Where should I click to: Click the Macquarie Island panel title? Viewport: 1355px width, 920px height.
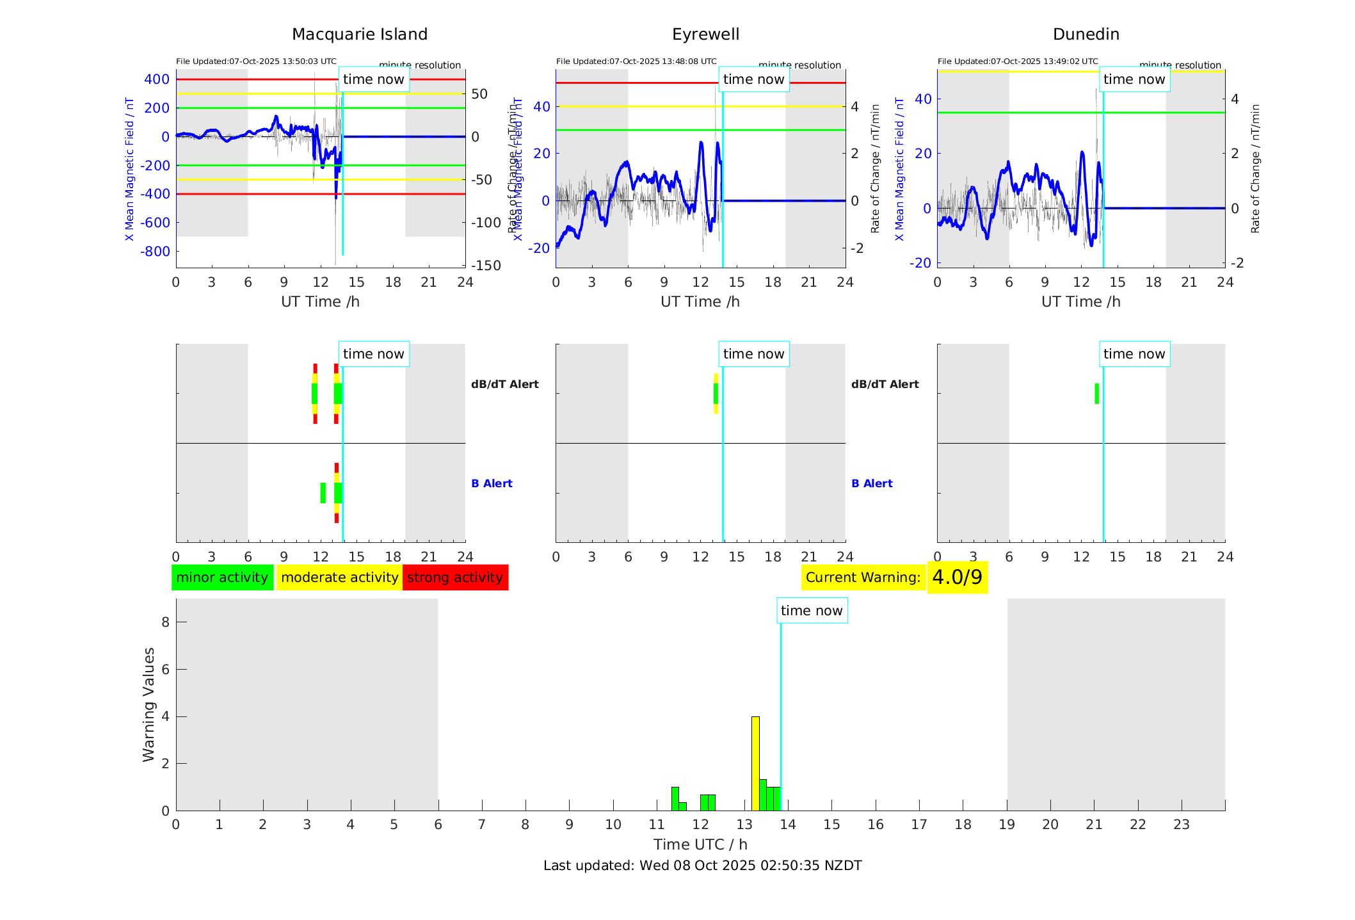[x=359, y=35]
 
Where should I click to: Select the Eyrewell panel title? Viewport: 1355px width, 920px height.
[x=705, y=35]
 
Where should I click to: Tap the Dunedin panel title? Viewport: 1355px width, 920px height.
[x=1086, y=35]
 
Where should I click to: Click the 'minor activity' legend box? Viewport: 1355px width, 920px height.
[x=222, y=577]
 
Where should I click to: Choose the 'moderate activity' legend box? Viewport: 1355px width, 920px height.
[x=339, y=577]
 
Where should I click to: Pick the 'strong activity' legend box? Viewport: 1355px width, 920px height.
[x=455, y=577]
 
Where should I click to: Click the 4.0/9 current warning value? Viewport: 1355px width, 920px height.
[x=957, y=577]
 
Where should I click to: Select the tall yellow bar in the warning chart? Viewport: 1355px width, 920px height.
[x=755, y=763]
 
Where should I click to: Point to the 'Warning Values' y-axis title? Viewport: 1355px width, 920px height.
[x=149, y=704]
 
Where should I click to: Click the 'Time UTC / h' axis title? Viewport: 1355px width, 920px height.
[x=700, y=844]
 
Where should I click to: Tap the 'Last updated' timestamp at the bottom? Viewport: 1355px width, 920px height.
[x=702, y=866]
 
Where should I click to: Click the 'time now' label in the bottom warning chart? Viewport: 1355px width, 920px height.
[x=812, y=611]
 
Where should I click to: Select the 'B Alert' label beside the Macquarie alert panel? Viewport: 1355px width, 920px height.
[x=492, y=483]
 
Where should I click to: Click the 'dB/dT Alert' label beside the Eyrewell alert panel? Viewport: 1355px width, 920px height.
[x=885, y=384]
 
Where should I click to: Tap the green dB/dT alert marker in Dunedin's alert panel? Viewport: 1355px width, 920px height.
[x=1096, y=394]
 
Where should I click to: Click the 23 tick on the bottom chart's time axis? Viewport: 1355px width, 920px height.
[x=1181, y=825]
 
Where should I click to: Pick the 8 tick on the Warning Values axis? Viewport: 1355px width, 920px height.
[x=165, y=622]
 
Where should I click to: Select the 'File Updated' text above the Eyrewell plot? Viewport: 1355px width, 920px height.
[x=636, y=61]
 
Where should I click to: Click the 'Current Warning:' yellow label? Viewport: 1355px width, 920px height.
[x=863, y=577]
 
